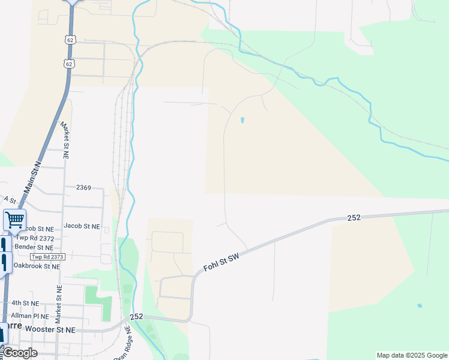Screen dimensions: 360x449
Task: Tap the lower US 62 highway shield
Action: click(70, 63)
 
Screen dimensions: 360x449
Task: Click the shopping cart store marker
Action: click(14, 220)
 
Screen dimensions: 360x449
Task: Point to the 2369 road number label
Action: click(83, 188)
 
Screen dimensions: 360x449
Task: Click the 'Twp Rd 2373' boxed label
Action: click(47, 257)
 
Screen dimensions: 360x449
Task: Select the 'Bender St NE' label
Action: click(34, 247)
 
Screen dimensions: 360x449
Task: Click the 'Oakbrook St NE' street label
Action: click(37, 266)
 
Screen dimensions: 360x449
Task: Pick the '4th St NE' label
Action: click(25, 304)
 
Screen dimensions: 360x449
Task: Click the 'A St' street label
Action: click(9, 199)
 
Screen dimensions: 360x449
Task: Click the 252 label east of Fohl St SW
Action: click(354, 218)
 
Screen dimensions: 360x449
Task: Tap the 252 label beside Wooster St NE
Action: click(136, 316)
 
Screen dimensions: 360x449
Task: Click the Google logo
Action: click(20, 353)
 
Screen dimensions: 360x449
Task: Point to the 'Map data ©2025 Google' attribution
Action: click(411, 355)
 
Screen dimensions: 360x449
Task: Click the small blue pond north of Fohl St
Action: click(242, 120)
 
